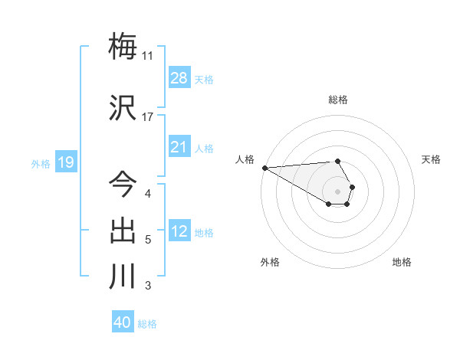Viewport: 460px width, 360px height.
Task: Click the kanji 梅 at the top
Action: point(123,47)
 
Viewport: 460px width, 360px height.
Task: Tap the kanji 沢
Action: point(123,108)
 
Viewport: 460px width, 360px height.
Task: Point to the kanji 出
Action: point(123,230)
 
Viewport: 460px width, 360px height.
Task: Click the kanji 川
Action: point(123,276)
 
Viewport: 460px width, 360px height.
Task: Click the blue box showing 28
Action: point(179,78)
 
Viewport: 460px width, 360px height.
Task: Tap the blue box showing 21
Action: point(179,147)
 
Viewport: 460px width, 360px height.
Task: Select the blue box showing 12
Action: point(179,231)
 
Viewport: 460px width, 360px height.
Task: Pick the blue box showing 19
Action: point(66,162)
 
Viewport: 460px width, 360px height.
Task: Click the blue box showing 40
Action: point(123,322)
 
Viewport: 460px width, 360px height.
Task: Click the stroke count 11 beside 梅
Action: point(147,56)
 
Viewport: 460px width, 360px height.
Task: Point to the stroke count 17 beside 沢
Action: point(147,117)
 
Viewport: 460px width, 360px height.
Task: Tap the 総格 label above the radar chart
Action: point(338,100)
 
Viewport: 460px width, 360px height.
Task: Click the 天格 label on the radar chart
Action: point(431,159)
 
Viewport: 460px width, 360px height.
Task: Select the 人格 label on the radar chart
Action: point(245,159)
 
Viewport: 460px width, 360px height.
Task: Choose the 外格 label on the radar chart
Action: point(270,262)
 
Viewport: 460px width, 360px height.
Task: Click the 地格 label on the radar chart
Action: point(402,262)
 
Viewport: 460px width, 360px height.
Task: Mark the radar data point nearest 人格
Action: point(264,168)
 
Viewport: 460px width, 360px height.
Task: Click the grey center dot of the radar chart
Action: point(338,191)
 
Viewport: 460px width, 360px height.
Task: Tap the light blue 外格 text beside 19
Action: point(41,163)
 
